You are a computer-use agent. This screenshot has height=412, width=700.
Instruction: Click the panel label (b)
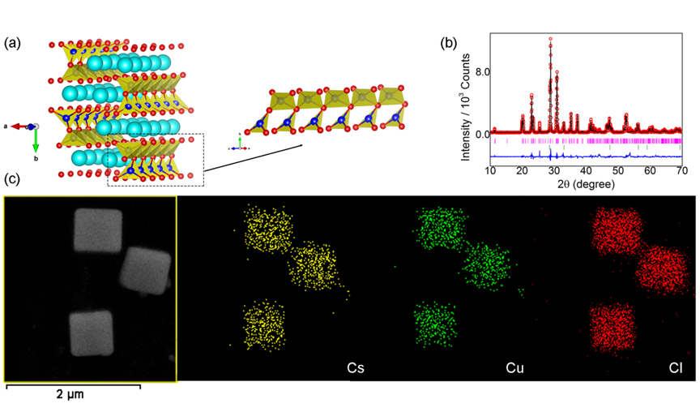point(448,43)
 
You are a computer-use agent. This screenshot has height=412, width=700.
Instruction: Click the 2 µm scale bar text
point(69,396)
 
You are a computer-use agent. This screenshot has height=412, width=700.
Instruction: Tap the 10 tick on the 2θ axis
point(490,170)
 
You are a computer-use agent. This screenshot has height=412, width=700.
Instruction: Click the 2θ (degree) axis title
point(586,184)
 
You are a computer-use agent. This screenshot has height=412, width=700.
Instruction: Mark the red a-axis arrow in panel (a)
point(19,127)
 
